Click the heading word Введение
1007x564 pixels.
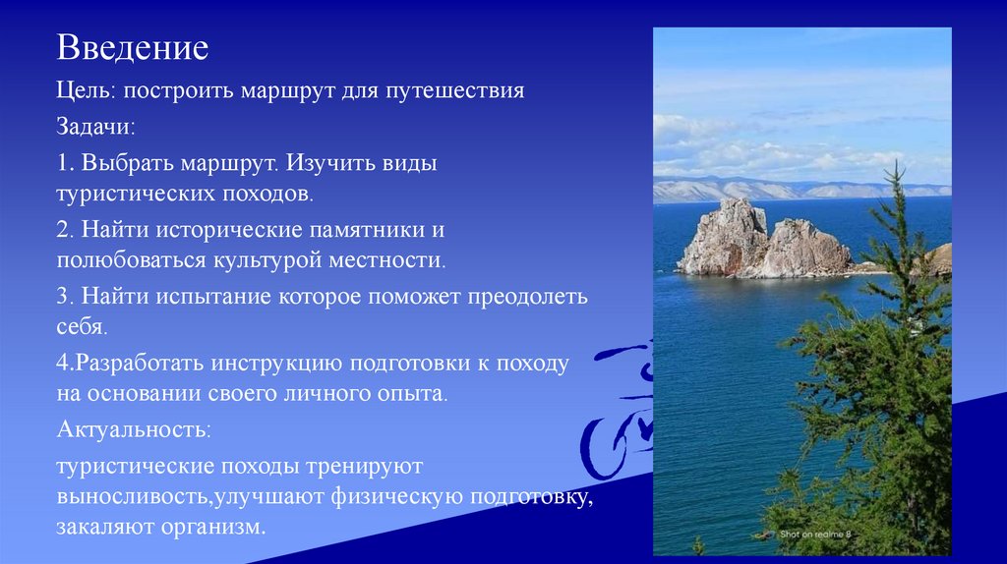click(131, 47)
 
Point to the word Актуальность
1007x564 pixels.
click(133, 429)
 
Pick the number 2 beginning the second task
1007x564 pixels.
click(62, 231)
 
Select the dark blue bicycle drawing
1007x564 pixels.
click(616, 413)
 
